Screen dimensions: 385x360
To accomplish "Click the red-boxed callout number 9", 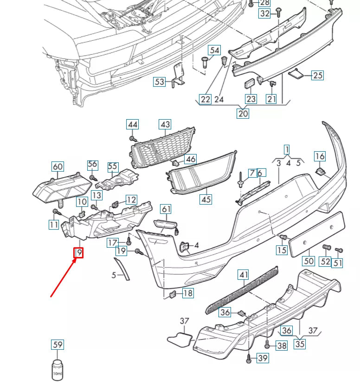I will [79, 253].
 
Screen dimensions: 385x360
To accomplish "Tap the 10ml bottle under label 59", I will [57, 369].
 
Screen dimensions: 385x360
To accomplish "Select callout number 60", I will [58, 167].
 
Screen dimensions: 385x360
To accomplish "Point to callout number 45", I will [206, 199].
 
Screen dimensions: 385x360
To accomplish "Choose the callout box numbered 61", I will [166, 209].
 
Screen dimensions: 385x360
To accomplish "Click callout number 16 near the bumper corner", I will [320, 156].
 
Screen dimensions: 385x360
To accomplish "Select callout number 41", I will [244, 275].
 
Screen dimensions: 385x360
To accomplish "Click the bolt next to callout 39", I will [249, 358].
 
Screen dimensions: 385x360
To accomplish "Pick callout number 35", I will [300, 344].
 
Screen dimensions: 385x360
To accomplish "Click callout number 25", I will [317, 75].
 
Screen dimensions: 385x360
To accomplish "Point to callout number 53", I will [160, 82].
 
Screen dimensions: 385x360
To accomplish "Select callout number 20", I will [243, 113].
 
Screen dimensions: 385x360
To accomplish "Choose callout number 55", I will [113, 167].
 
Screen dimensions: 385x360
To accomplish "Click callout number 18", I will [187, 293].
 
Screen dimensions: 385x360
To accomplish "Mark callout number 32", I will [264, 13].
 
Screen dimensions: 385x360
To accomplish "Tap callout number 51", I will [338, 263].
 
